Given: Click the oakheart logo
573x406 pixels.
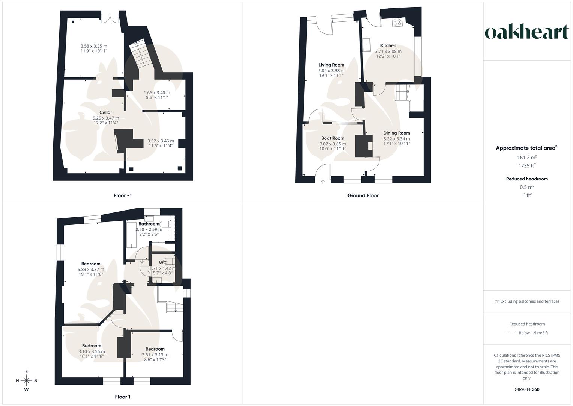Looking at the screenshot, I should pos(527,32).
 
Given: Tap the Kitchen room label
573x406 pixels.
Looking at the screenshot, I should pos(388,45).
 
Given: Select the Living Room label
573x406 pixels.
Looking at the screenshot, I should pos(331,65).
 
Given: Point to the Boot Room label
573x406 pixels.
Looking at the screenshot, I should pos(332,138).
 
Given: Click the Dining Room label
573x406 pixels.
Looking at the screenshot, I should pos(396,133).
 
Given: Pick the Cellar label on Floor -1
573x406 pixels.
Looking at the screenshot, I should pos(106,112).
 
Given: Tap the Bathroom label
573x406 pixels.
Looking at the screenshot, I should pos(149,224).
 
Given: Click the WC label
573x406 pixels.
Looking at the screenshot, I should pos(162,262).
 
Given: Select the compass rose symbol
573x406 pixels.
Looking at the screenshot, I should pos(27,380).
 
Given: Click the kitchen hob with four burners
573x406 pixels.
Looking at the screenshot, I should pos(397,23).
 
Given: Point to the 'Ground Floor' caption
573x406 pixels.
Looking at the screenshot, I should pos(363,195).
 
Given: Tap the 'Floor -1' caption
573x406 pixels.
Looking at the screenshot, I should pos(123,195).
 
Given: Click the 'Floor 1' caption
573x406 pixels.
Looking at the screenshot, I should pos(123,397).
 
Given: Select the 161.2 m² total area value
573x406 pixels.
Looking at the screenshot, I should pos(527,158).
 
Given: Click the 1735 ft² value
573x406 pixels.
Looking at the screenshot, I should pos(527,166).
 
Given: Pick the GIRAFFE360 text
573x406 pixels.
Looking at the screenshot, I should pos(527,389).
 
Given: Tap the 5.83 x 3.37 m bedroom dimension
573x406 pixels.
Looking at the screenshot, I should pos(91,269).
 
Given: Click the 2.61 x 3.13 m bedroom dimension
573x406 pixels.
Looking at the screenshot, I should pos(155,355).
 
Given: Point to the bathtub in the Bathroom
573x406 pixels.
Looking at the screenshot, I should pos(131,235).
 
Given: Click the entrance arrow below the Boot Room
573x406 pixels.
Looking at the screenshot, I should pos(323,182).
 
